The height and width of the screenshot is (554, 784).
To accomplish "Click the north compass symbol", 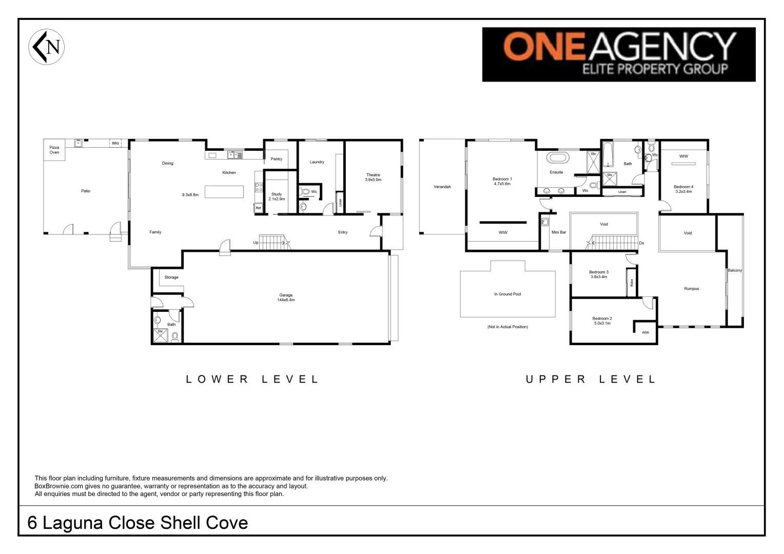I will pos(46,47).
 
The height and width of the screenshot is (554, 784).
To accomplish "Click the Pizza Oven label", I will pos(54,150).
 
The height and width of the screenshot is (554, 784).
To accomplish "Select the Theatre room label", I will pos(373,177).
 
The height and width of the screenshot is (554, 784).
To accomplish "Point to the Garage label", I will pos(286,297).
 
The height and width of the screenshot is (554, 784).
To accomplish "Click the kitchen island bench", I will pos(224,191).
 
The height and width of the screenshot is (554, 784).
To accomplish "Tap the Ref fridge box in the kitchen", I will pos(259,208).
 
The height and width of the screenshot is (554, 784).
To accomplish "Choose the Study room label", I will pos(277,196).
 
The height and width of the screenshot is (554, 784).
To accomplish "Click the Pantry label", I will pos(277,159).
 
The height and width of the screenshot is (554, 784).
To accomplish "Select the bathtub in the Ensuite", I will pos(556,157).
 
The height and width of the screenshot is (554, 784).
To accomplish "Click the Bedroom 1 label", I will pos(502,181).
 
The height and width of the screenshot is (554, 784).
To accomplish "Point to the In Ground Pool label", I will pos(507,294).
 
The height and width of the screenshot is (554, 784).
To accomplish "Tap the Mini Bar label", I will pos(559,232).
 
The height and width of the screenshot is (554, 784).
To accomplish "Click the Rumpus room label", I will pos(691,289).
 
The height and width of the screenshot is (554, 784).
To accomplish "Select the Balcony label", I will pos(734,270).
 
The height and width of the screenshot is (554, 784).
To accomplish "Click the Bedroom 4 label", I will pos(683,189).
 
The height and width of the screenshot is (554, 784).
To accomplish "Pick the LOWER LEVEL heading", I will pos(252,380).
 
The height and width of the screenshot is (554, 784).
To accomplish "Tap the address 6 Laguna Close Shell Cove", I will pos(138,523).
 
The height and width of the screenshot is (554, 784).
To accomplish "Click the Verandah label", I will pos(442,187).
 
